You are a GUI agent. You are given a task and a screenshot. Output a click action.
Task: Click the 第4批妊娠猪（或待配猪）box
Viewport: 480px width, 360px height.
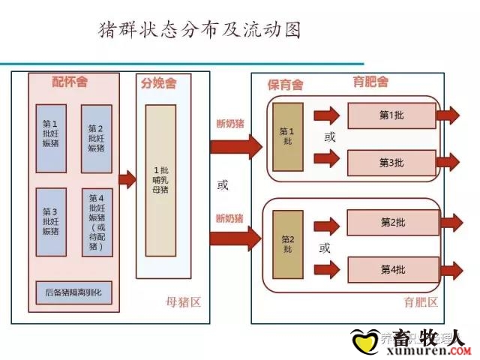coord(97,222)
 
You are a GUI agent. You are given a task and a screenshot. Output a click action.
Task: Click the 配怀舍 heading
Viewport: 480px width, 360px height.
coord(70,81)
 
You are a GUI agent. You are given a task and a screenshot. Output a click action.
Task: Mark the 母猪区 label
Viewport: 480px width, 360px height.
coord(183,303)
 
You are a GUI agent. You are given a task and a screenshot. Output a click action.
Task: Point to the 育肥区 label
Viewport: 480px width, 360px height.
coord(420,303)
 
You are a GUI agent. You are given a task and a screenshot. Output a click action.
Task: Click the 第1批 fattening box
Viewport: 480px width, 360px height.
coord(391,115)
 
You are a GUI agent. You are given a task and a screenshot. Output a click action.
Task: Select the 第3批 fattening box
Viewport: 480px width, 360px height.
coord(391,162)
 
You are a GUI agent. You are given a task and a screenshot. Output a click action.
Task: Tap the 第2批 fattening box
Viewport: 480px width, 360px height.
coord(391,223)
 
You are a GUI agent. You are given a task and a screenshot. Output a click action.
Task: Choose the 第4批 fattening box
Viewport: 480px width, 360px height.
coord(391,268)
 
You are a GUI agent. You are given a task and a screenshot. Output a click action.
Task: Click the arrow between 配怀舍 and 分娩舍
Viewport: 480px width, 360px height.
coord(127,178)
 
